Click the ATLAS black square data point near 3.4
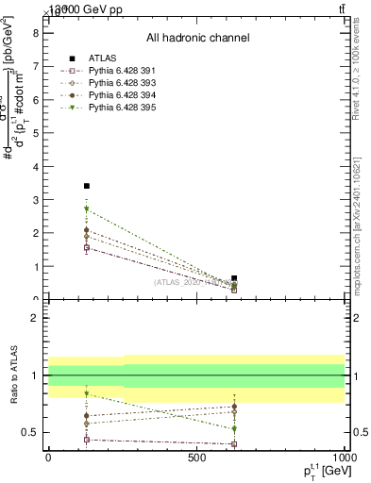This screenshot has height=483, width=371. point(87,186)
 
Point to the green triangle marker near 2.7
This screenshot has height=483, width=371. point(87,208)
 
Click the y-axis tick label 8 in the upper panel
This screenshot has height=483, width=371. point(35,32)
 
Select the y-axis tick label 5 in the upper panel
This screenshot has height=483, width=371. point(35,133)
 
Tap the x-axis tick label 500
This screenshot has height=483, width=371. point(196,458)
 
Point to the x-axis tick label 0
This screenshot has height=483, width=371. point(48,458)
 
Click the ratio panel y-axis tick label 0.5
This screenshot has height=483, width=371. point(30,432)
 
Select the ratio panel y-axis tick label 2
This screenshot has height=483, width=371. point(35,319)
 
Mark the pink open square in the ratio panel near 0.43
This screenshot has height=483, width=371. point(87,440)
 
